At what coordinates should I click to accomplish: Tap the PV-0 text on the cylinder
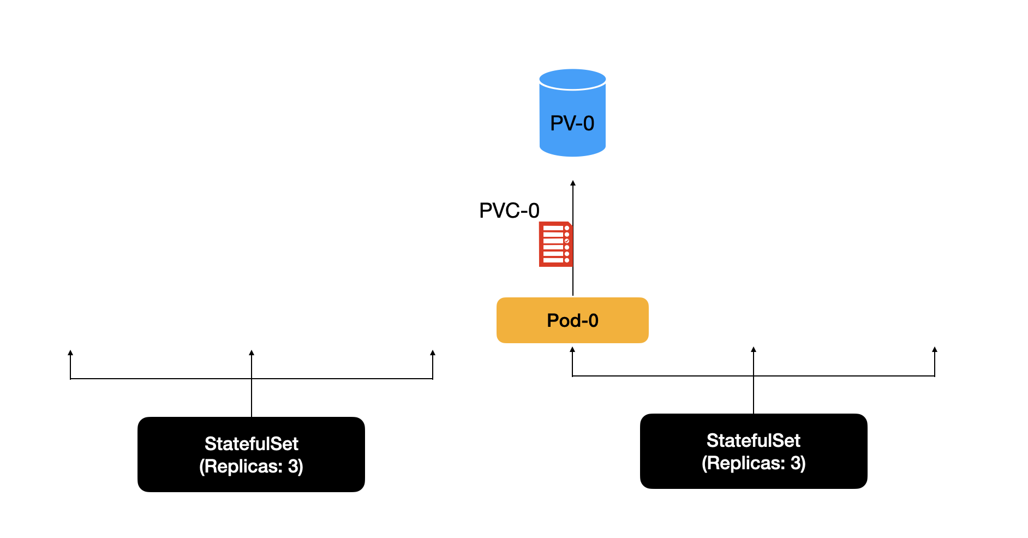(x=572, y=123)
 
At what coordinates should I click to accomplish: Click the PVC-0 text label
(x=509, y=211)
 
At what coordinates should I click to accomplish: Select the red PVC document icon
(x=555, y=244)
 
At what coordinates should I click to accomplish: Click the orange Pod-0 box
(x=572, y=320)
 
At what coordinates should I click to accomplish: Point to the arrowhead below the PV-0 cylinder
(x=573, y=183)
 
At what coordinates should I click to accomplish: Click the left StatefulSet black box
(x=251, y=455)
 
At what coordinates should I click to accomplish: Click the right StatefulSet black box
(x=754, y=451)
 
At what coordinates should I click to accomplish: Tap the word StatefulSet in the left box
(x=251, y=444)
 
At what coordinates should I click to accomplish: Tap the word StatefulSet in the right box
(x=753, y=440)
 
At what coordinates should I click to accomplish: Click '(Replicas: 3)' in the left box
(x=251, y=467)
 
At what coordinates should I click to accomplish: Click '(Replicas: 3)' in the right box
(x=753, y=463)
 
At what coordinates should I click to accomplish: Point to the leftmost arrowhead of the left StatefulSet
(x=70, y=353)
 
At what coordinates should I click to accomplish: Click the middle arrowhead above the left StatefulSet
(x=252, y=353)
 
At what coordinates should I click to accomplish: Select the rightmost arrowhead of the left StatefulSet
(x=433, y=353)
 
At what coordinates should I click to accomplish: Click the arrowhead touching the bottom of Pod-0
(x=572, y=350)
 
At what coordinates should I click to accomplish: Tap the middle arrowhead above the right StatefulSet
(x=754, y=350)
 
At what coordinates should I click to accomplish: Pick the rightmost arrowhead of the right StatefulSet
(x=935, y=350)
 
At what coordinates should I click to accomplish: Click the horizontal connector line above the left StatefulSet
(x=164, y=379)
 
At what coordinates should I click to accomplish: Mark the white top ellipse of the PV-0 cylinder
(x=572, y=79)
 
